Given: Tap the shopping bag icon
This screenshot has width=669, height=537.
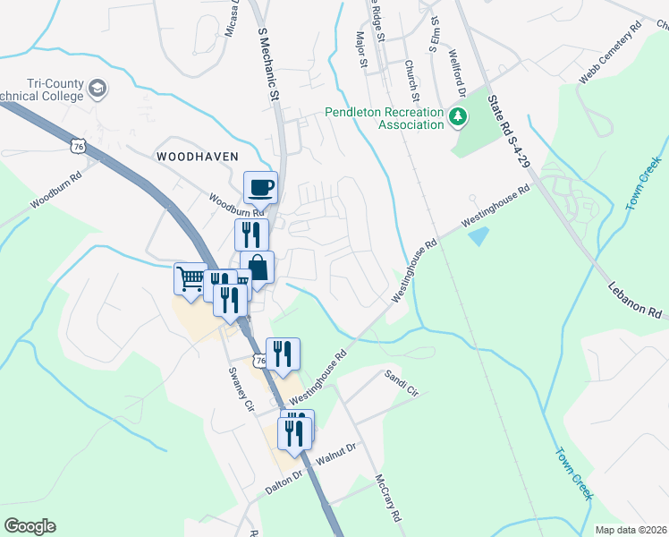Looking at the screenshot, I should pyautogui.click(x=258, y=268).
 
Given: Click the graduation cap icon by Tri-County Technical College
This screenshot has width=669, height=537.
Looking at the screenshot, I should pyautogui.click(x=97, y=89).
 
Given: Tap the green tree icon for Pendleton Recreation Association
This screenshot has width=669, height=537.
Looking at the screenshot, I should pyautogui.click(x=458, y=116).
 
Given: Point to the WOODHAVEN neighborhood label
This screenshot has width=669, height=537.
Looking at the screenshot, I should pyautogui.click(x=198, y=156).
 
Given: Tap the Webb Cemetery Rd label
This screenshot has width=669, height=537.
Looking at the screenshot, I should pyautogui.click(x=611, y=55).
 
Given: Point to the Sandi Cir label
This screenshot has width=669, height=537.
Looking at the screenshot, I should pyautogui.click(x=401, y=383).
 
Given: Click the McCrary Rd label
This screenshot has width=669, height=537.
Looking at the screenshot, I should pyautogui.click(x=392, y=499).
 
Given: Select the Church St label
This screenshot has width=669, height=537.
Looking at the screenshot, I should pyautogui.click(x=412, y=81).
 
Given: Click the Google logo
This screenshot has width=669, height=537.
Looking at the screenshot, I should pyautogui.click(x=30, y=526).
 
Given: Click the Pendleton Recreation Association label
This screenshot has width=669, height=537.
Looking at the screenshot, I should pyautogui.click(x=384, y=118).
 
